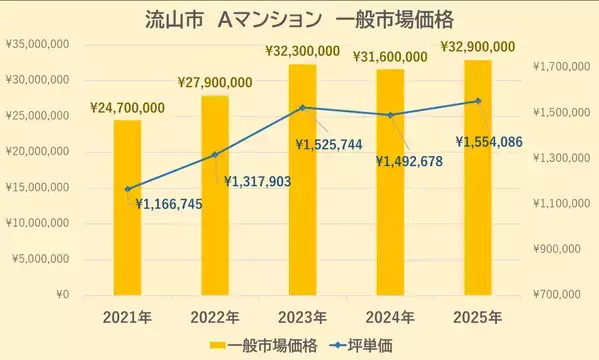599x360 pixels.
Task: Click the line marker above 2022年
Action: (215, 154)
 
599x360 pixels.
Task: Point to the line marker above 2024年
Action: (390, 115)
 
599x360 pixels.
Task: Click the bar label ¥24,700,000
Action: (127, 107)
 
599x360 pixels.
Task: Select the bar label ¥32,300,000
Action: (304, 50)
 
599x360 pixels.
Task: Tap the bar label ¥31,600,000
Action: (391, 56)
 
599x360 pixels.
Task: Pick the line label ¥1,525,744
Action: (336, 145)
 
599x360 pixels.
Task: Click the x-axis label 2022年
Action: (215, 317)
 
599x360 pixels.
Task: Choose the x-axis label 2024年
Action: (390, 317)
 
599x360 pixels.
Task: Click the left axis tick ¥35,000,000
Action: (36, 44)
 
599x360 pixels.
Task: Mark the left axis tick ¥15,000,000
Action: (36, 187)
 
